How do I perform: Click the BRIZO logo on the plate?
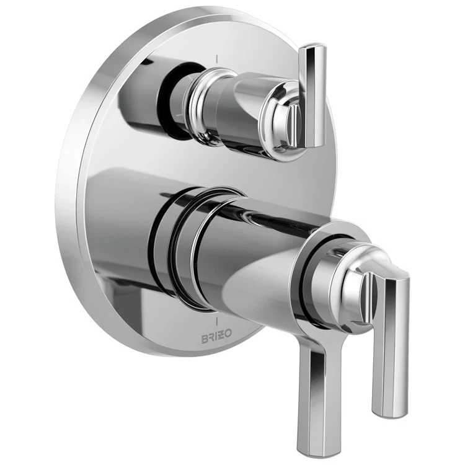(215, 335)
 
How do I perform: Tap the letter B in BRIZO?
(201, 335)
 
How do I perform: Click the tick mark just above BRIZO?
(216, 322)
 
